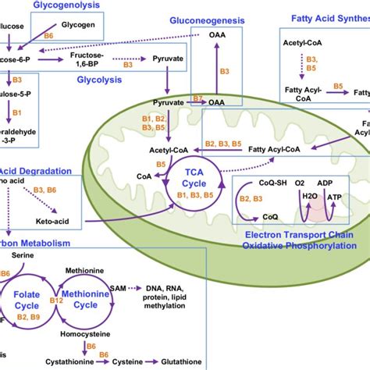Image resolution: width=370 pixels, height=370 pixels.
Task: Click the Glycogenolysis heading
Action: [66, 5]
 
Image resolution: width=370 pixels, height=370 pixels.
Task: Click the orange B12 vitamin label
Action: [55, 301]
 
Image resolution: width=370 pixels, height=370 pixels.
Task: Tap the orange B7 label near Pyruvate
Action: [197, 98]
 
